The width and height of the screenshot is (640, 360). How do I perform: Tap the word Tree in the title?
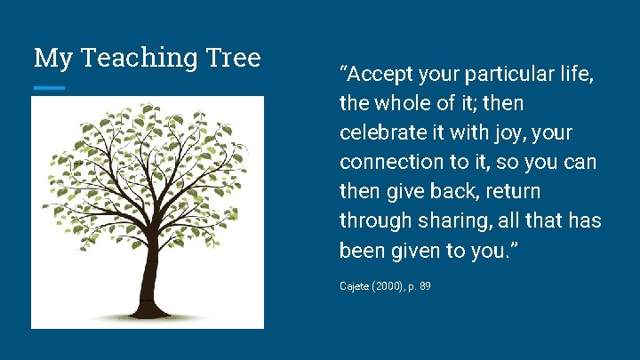[x=232, y=58]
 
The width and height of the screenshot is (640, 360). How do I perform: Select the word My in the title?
[x=50, y=59]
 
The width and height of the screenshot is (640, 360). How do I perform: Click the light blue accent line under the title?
[x=49, y=88]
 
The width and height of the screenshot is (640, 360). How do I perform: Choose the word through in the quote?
[x=372, y=221]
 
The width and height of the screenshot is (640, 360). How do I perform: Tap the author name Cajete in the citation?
[x=354, y=287]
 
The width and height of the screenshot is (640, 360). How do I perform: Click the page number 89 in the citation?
[x=425, y=287]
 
